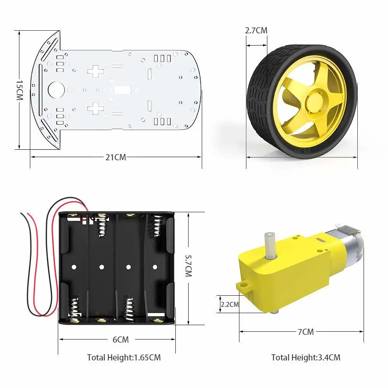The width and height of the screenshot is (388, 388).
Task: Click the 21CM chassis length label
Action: pos(116,157)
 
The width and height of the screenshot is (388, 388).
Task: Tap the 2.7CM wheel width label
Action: pos(256,30)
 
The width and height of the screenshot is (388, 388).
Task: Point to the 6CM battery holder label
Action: pos(120,339)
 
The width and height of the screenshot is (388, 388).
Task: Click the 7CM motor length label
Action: pos(306,332)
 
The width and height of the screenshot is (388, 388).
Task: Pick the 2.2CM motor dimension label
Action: pos(230,305)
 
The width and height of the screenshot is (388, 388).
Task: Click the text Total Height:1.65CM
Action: pos(124,357)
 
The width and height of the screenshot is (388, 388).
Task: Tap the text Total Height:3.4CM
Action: pos(305,357)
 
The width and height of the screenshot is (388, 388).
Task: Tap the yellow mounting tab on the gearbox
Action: pos(244,287)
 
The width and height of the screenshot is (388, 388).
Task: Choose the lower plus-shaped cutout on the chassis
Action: pos(95,108)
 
